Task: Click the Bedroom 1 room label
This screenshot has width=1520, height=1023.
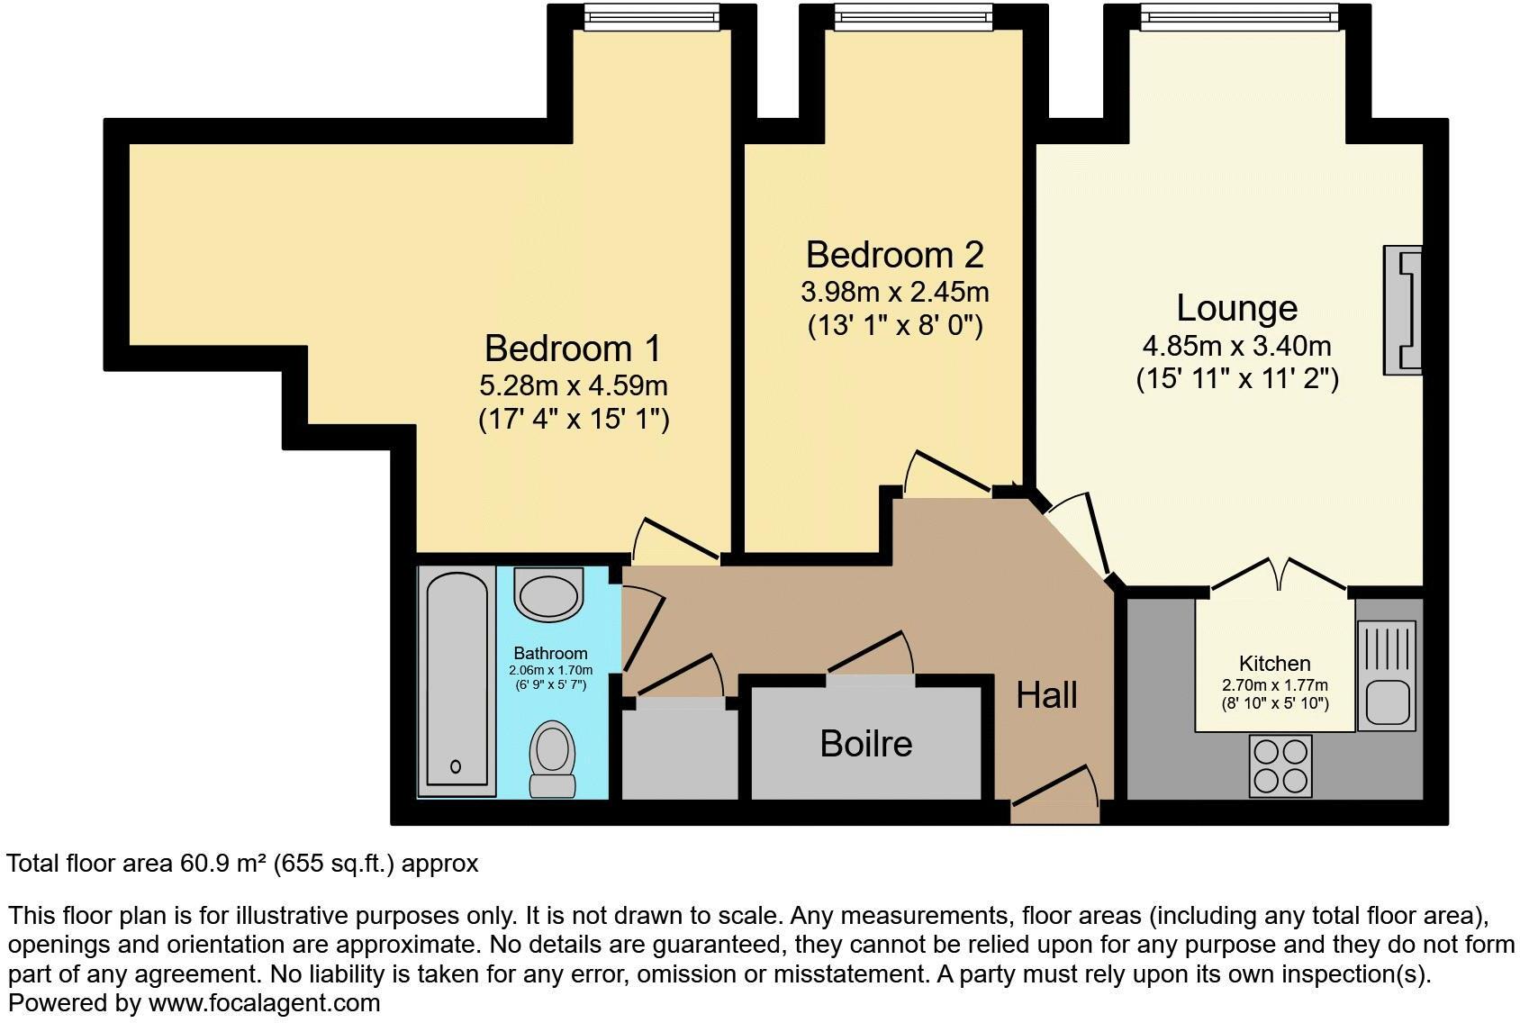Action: tap(573, 349)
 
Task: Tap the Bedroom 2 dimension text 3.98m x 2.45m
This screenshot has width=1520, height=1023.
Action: tap(894, 293)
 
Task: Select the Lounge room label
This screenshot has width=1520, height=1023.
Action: tap(1236, 308)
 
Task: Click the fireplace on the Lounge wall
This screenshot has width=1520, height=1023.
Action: tap(1404, 310)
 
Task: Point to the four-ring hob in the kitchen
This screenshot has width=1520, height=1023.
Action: tap(1280, 765)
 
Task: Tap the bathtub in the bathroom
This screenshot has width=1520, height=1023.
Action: tap(457, 682)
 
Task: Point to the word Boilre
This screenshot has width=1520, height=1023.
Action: tap(865, 744)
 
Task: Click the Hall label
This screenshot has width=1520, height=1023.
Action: tap(1046, 695)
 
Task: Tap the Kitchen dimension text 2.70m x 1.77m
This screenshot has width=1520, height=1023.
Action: tap(1274, 685)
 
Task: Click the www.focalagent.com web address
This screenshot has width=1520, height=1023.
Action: tap(264, 1002)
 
